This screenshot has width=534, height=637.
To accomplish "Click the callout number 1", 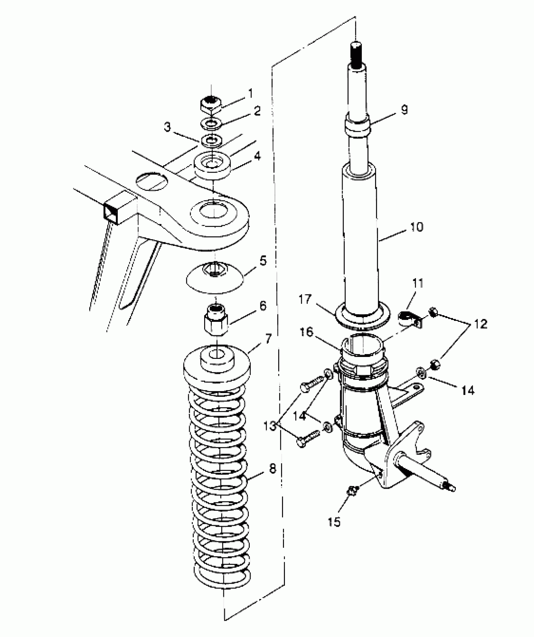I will (250, 93).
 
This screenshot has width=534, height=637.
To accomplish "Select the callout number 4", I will (257, 156).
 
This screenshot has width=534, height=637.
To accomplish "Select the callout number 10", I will (417, 227).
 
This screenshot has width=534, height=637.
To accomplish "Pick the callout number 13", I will (278, 426).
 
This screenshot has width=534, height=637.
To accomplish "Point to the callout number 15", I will (334, 522).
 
